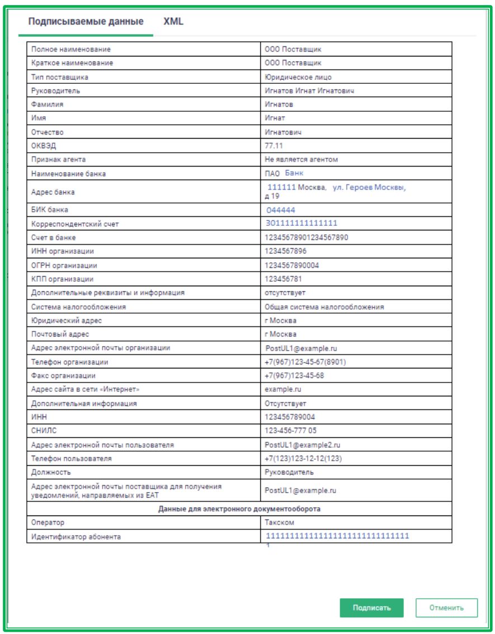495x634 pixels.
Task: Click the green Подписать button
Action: coord(371,608)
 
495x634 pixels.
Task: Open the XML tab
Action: coord(173,22)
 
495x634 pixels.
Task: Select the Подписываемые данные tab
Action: coord(86,22)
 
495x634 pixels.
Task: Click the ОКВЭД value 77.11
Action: coord(274,146)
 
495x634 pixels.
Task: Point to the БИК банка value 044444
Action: coord(281,210)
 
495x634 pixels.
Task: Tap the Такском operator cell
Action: coord(280,522)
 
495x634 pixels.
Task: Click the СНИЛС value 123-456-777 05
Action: coord(290,431)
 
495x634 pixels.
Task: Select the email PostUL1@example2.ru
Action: coord(303,445)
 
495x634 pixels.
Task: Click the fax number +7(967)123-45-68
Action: coord(294,376)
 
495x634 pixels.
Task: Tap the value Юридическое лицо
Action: coord(294,77)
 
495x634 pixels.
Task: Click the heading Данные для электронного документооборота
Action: coord(239,509)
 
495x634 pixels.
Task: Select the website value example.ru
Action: coord(282,389)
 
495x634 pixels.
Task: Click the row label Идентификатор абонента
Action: coord(76,537)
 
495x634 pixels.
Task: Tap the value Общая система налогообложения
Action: coord(324,307)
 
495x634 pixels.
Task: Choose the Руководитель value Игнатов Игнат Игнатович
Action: coord(309,91)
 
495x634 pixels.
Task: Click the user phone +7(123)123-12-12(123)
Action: coord(303,458)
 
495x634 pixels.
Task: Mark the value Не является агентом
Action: coord(301,159)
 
